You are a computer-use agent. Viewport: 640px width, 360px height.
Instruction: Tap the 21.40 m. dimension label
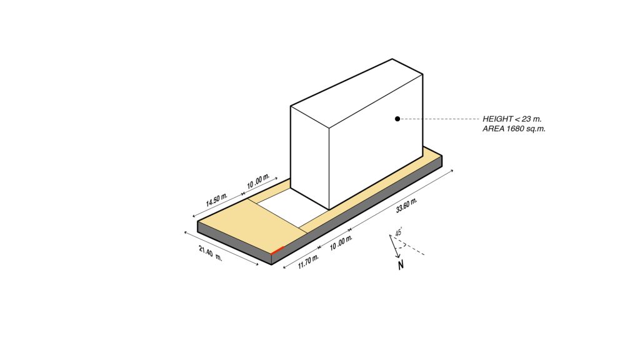[x=211, y=255]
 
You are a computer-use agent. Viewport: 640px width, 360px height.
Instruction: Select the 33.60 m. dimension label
[x=407, y=206]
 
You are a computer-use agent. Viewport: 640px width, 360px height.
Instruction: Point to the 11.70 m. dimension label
[x=308, y=261]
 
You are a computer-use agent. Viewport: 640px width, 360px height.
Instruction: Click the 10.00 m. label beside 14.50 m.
[x=258, y=181]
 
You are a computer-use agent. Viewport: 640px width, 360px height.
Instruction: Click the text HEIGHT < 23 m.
[x=512, y=119]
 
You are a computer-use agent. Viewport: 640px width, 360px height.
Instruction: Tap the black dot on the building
[x=397, y=119]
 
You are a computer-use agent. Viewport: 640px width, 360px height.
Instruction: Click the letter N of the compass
[x=401, y=266]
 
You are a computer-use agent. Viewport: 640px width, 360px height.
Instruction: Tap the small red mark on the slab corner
[x=277, y=251]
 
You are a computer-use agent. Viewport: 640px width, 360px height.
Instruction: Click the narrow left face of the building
[x=310, y=156]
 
